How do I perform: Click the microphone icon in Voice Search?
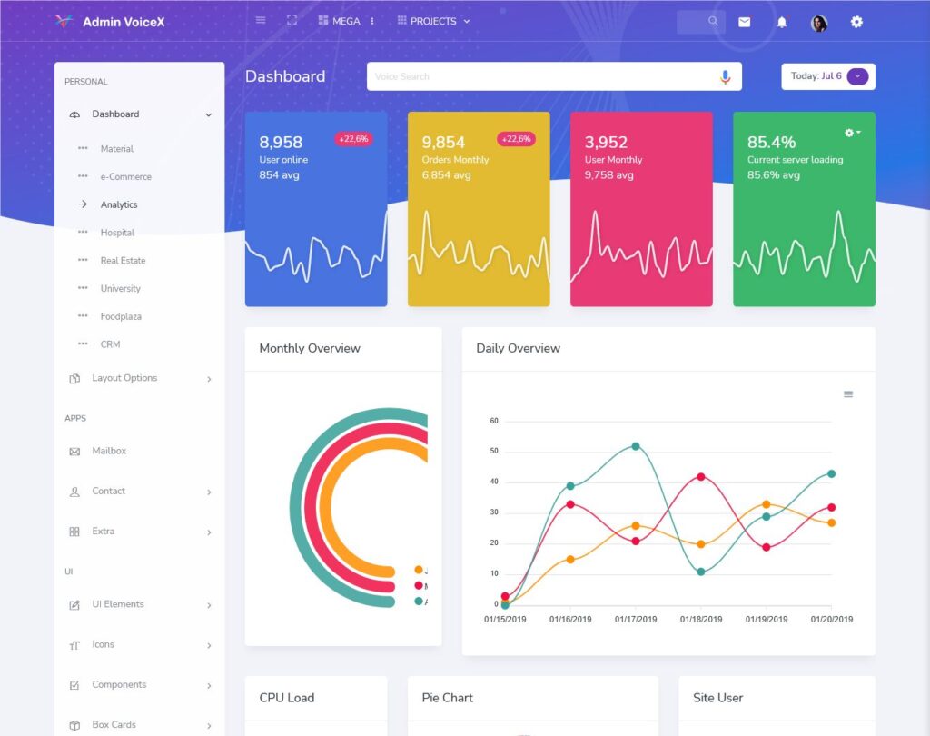pyautogui.click(x=725, y=77)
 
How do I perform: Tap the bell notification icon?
pyautogui.click(x=782, y=22)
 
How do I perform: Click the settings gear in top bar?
pyautogui.click(x=856, y=22)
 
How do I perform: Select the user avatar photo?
pyautogui.click(x=819, y=23)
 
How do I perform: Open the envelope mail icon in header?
pyautogui.click(x=745, y=22)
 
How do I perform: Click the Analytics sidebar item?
pyautogui.click(x=119, y=205)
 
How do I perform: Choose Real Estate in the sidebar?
pyautogui.click(x=123, y=261)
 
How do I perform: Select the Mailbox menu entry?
pyautogui.click(x=109, y=451)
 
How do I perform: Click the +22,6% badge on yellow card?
pyautogui.click(x=516, y=139)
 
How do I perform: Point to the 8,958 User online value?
pyautogui.click(x=281, y=143)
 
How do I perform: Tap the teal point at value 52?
pyautogui.click(x=636, y=446)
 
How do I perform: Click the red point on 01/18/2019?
pyautogui.click(x=701, y=476)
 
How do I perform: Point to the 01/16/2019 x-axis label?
pyautogui.click(x=570, y=620)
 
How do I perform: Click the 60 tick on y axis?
pyautogui.click(x=494, y=421)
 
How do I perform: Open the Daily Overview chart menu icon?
pyautogui.click(x=848, y=394)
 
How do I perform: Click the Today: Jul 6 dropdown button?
pyautogui.click(x=857, y=76)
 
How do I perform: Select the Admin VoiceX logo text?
pyautogui.click(x=124, y=22)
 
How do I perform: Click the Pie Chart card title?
pyautogui.click(x=448, y=698)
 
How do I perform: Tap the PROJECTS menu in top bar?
pyautogui.click(x=434, y=21)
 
